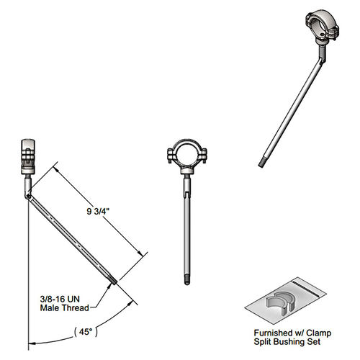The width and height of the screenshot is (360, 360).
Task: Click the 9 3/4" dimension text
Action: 98,211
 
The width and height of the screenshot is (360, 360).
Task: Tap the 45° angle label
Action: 86,332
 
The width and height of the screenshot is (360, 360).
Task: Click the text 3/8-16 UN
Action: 60,299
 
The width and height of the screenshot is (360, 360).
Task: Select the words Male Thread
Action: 65,308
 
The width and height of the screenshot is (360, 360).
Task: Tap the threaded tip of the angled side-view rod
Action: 113,280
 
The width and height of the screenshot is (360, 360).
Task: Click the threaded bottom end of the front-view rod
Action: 187,282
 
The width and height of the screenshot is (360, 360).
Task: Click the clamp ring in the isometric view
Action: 322,23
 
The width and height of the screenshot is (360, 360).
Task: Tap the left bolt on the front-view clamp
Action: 171,156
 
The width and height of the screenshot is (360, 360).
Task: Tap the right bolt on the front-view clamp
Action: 204,156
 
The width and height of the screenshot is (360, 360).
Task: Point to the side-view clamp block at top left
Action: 28,156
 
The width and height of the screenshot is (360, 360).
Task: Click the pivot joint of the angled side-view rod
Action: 28,197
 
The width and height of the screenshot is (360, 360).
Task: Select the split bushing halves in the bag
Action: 280,302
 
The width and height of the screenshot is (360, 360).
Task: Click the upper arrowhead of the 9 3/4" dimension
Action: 55,169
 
